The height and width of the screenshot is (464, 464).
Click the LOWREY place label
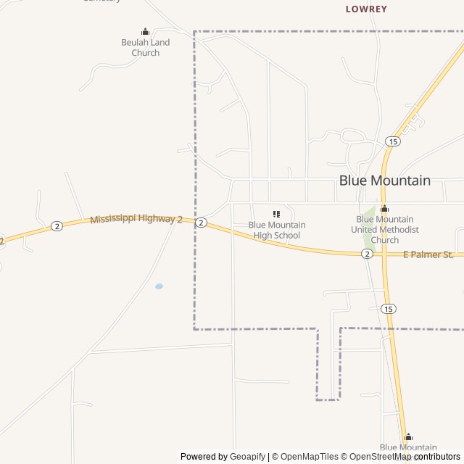coord(366,9)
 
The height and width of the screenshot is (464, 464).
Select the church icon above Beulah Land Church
coord(145,31)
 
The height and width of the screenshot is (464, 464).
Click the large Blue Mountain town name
coord(384,181)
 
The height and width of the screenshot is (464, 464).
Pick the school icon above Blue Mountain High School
coord(276,214)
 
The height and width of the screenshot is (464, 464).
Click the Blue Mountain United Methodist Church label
coord(384,229)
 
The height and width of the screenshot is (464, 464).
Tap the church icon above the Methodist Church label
coord(384,209)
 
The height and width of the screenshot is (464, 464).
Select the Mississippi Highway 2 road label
coord(136,218)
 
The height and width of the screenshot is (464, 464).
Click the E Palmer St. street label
coord(428,254)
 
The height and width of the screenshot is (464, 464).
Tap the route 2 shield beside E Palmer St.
coord(368,254)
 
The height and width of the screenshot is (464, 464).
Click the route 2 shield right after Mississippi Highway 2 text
coord(201,223)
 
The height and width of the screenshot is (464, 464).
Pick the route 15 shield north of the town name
coord(392,141)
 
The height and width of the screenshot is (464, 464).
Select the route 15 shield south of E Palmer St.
coord(389,309)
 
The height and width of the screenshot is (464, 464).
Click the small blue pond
coord(159,286)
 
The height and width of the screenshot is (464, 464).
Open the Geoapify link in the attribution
coord(247,457)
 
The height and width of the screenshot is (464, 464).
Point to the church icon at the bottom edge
coord(408,437)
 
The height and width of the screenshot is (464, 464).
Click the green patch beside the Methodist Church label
coord(368,215)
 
